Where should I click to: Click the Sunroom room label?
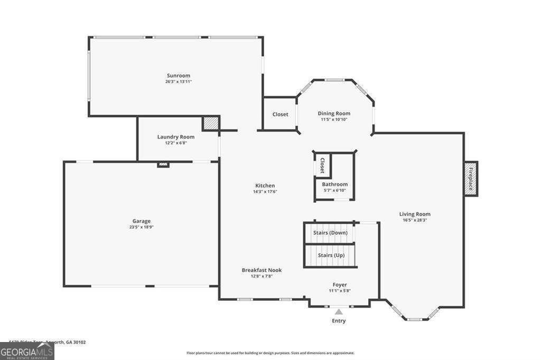tap(178, 76)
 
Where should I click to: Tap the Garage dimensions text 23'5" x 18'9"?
tap(141, 227)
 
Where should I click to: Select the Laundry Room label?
tap(175, 137)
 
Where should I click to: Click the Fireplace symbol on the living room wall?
tap(471, 179)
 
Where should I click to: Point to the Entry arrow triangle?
tap(339, 312)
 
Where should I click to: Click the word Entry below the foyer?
tap(339, 321)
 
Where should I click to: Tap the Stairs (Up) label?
tap(331, 255)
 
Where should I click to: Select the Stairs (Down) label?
tap(330, 233)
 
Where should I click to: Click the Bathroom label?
tap(335, 184)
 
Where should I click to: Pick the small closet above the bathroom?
tap(322, 165)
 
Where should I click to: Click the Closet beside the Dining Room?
tap(280, 114)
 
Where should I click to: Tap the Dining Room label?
tap(334, 113)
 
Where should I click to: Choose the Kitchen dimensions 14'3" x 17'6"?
tap(265, 192)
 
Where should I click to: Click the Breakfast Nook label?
tap(262, 270)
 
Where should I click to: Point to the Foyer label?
tap(340, 284)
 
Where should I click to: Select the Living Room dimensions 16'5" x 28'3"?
tap(415, 220)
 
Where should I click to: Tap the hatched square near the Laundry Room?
tap(210, 123)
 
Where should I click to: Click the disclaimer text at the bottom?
tap(270, 353)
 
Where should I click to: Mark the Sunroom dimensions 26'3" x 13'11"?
tap(178, 82)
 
